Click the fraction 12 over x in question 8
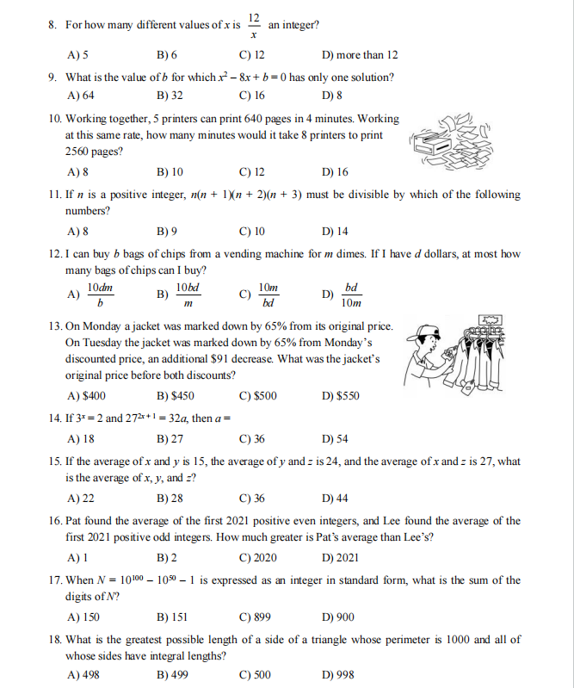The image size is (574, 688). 254,25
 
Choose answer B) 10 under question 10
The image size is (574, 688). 170,171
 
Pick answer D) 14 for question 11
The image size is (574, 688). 334,231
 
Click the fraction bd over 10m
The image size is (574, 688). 351,294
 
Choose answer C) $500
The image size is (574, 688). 258,396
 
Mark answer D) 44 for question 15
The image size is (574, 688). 334,499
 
